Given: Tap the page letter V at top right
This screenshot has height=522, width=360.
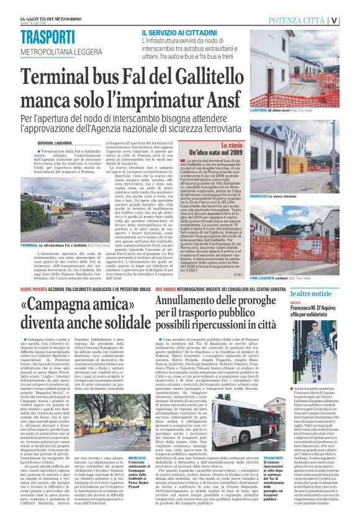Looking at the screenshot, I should click(x=351, y=20).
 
